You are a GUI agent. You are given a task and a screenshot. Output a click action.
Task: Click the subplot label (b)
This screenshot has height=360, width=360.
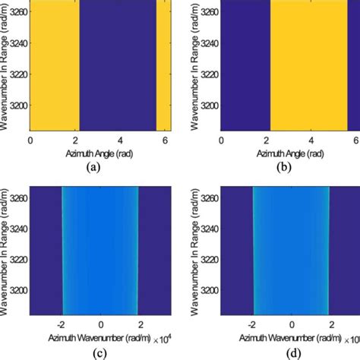287,168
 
